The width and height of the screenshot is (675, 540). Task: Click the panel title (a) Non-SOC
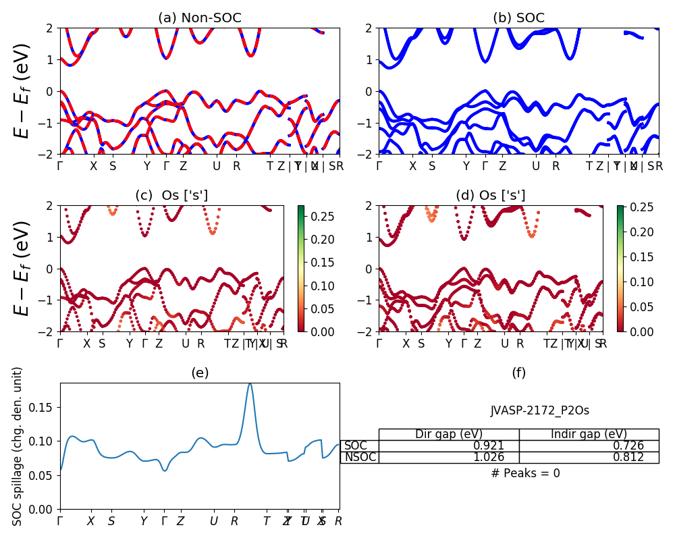[199, 18]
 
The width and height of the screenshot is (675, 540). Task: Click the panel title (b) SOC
[518, 18]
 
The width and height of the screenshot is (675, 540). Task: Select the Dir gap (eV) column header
[449, 434]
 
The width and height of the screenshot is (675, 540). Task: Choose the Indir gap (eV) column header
[589, 434]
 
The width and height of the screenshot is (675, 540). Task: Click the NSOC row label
[360, 457]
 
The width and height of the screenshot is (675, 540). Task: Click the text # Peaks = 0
[525, 473]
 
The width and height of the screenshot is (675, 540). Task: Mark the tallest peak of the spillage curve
[250, 383]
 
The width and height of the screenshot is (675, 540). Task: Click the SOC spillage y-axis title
[18, 446]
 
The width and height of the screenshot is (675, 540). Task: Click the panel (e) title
[199, 373]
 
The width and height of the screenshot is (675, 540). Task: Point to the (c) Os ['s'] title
[171, 196]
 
